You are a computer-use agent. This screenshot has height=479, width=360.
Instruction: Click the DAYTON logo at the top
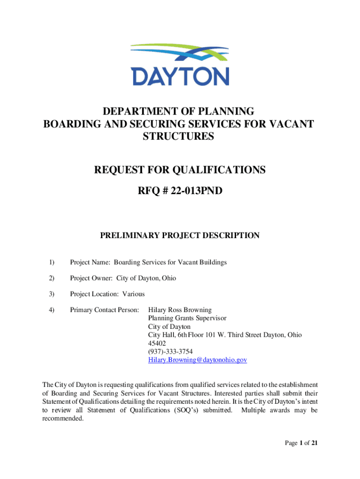[180, 64]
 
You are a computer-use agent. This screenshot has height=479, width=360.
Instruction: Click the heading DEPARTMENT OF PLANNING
[179, 112]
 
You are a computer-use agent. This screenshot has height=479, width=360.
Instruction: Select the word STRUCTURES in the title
[179, 136]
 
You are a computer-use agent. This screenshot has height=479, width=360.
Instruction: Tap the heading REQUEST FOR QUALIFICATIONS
[179, 170]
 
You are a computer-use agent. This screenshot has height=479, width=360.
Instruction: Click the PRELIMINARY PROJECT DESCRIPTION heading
[180, 236]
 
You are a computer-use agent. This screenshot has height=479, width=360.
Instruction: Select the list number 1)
[51, 262]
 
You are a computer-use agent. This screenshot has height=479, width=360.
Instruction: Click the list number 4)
[51, 310]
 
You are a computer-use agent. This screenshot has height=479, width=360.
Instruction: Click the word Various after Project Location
[134, 294]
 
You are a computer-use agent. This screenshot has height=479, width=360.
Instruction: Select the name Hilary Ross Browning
[180, 310]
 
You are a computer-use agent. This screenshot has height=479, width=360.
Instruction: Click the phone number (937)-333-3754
[170, 352]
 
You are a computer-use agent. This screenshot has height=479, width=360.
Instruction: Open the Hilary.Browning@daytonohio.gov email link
[197, 360]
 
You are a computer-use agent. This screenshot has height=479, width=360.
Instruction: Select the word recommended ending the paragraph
[62, 419]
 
